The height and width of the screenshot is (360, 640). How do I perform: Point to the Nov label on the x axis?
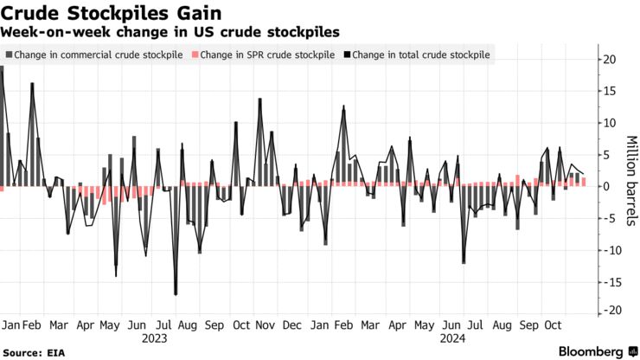coord(266,325)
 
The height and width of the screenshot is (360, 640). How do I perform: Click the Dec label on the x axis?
coord(292,325)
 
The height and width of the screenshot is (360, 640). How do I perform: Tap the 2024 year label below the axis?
coord(450,340)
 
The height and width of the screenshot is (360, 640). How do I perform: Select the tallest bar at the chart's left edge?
coord(3,126)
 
